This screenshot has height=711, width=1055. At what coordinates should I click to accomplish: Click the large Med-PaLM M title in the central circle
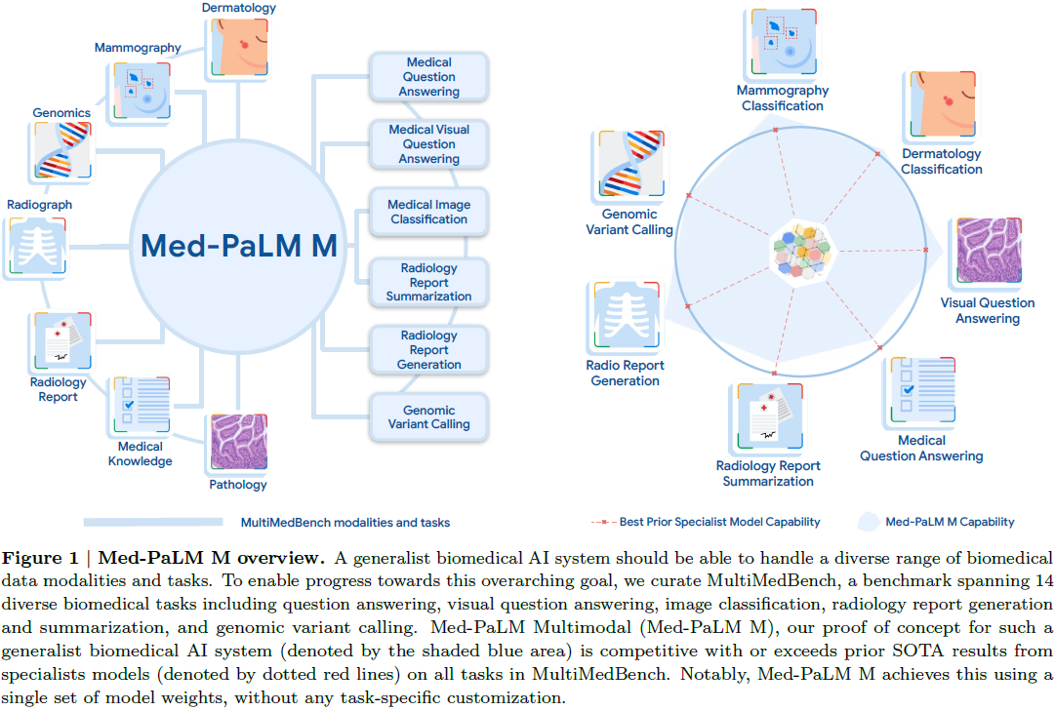pos(239,245)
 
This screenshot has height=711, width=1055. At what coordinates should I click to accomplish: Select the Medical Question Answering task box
pos(428,77)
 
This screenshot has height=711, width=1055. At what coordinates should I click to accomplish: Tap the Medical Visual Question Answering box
pos(428,143)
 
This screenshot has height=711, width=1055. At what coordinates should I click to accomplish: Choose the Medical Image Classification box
pos(428,212)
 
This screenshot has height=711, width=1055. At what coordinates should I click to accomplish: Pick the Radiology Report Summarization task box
pos(428,282)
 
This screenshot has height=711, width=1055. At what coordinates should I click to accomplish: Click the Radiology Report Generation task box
pos(428,350)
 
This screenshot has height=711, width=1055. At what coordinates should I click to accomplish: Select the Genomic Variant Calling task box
pos(428,417)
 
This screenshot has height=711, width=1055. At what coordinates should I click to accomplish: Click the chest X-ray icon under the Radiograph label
pos(36,246)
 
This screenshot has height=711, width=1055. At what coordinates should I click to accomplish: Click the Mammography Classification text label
pos(782,98)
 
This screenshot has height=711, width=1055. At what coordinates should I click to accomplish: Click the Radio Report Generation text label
pos(626,373)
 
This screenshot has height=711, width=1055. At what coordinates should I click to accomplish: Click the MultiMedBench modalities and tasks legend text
pos(345,523)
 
